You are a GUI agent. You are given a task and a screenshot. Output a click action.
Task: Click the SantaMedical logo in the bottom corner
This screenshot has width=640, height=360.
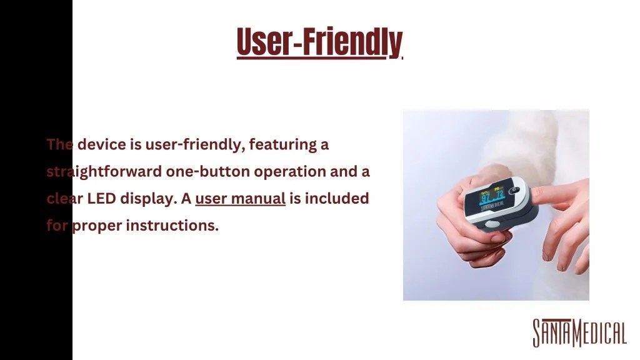[x=579, y=332]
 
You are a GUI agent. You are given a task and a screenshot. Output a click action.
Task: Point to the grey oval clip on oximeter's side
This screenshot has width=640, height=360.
[x=492, y=224]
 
